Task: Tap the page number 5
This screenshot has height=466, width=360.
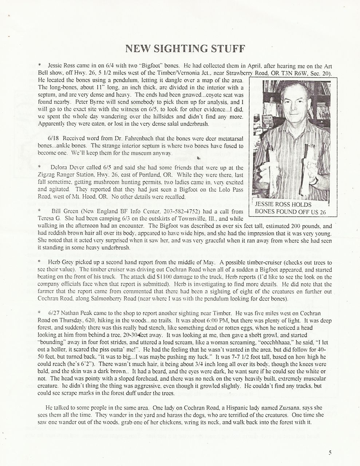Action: click(x=330, y=453)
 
